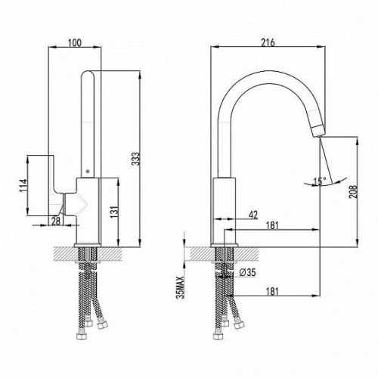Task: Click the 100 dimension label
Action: pos(75,42)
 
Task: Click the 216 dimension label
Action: pos(268,42)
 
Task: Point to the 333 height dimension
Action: pos(136,159)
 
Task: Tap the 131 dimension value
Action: pos(113,212)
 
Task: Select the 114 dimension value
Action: pos(23,185)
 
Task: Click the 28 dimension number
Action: pos(56,221)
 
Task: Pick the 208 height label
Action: pos(353,191)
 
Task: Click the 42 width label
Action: pos(253,215)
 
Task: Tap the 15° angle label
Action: pos(320,181)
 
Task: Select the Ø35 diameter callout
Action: pos(247,272)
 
